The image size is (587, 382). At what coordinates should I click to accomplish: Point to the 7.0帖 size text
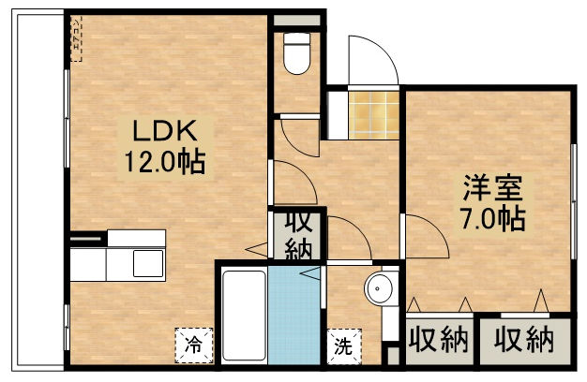[491, 219]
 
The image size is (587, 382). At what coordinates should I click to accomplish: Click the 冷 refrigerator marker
[192, 344]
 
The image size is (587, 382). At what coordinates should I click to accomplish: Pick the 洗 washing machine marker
[342, 345]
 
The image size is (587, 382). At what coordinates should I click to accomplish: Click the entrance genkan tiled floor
[372, 113]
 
